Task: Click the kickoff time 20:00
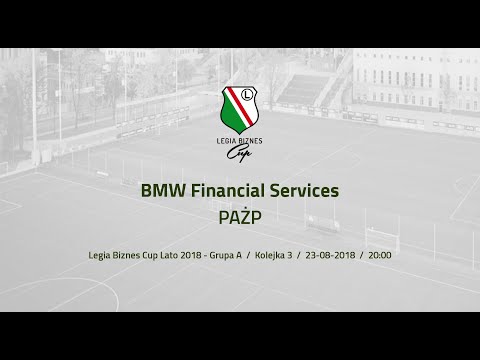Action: tap(380, 255)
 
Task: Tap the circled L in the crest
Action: tap(249, 98)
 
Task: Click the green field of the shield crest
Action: tap(232, 112)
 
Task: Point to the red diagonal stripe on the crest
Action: tap(241, 110)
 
